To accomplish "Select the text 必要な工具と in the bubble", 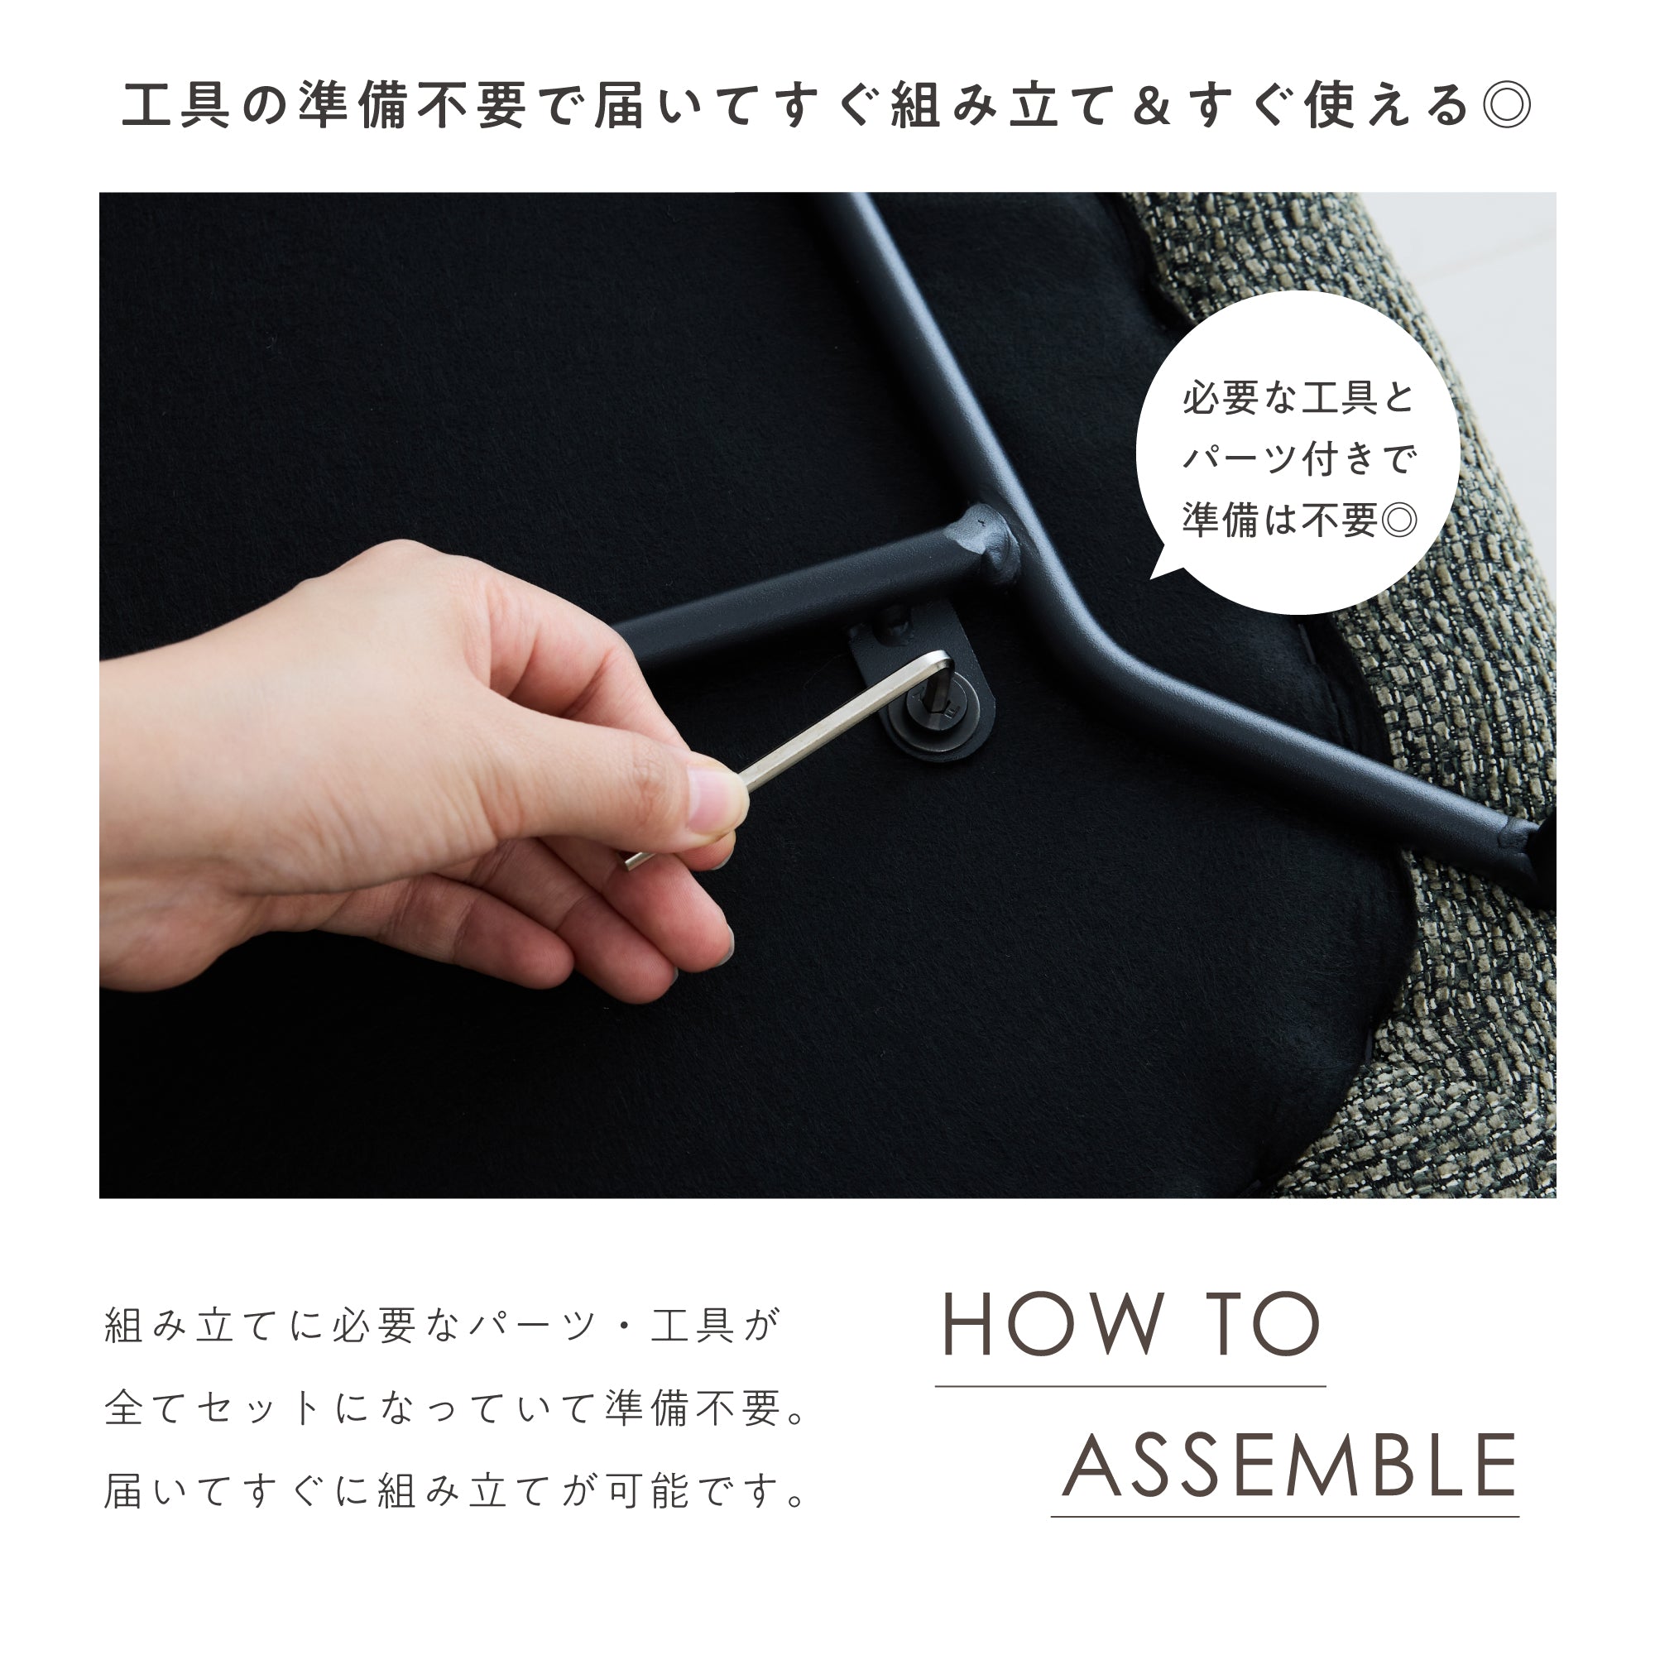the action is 1298,398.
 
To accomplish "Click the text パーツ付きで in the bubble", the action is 1298,459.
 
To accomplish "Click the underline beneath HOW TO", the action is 1130,1386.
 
